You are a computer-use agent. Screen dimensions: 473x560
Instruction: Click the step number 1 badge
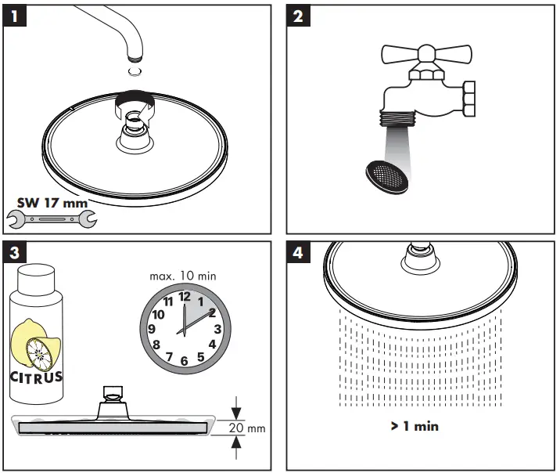(x=16, y=17)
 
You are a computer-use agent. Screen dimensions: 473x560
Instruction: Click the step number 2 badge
(x=298, y=17)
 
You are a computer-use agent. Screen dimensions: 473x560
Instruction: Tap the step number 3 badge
(x=16, y=254)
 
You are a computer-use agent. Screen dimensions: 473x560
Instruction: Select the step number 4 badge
(x=298, y=254)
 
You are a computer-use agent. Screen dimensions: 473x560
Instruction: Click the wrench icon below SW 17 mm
(x=52, y=220)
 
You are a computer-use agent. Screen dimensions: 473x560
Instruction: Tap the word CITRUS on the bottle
(x=37, y=377)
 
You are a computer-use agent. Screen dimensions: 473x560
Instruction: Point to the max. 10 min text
(x=182, y=276)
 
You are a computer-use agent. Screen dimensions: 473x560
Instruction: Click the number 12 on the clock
(x=185, y=297)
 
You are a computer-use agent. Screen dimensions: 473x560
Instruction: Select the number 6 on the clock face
(x=185, y=360)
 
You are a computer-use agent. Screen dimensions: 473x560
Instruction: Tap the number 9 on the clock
(x=153, y=329)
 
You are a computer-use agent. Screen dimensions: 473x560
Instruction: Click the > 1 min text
(x=415, y=427)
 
